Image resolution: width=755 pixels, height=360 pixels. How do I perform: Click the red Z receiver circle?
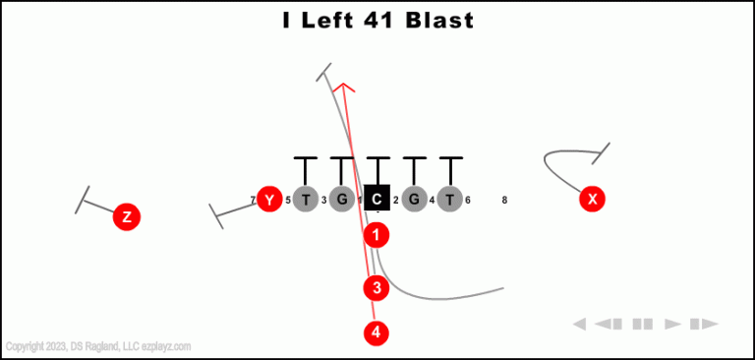[x=126, y=216]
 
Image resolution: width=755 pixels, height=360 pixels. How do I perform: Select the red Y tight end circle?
[x=269, y=200]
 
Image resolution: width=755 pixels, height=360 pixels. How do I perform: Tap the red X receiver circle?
[x=592, y=199]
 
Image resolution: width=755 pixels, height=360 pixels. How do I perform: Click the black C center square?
[x=377, y=200]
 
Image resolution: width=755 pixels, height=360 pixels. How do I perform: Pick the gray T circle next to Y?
[x=306, y=200]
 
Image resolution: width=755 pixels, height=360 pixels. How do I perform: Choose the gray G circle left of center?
[x=341, y=200]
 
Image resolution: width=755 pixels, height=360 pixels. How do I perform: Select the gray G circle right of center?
[x=414, y=200]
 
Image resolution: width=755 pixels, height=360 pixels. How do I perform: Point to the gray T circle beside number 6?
[x=449, y=200]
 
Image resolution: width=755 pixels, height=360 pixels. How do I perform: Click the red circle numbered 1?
[x=377, y=235]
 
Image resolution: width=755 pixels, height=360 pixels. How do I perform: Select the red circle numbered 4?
[x=377, y=332]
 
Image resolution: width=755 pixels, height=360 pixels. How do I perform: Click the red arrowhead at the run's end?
[x=342, y=88]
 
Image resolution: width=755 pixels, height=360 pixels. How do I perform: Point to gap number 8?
[x=504, y=201]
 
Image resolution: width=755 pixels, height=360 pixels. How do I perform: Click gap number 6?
[x=468, y=201]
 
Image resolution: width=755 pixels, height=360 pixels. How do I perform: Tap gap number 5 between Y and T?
[x=288, y=201]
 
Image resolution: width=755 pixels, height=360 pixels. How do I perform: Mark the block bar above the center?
[x=377, y=158]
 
